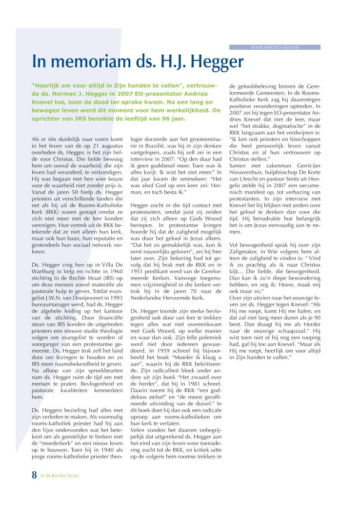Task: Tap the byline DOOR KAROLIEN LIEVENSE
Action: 274,47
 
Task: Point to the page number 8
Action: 34,475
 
